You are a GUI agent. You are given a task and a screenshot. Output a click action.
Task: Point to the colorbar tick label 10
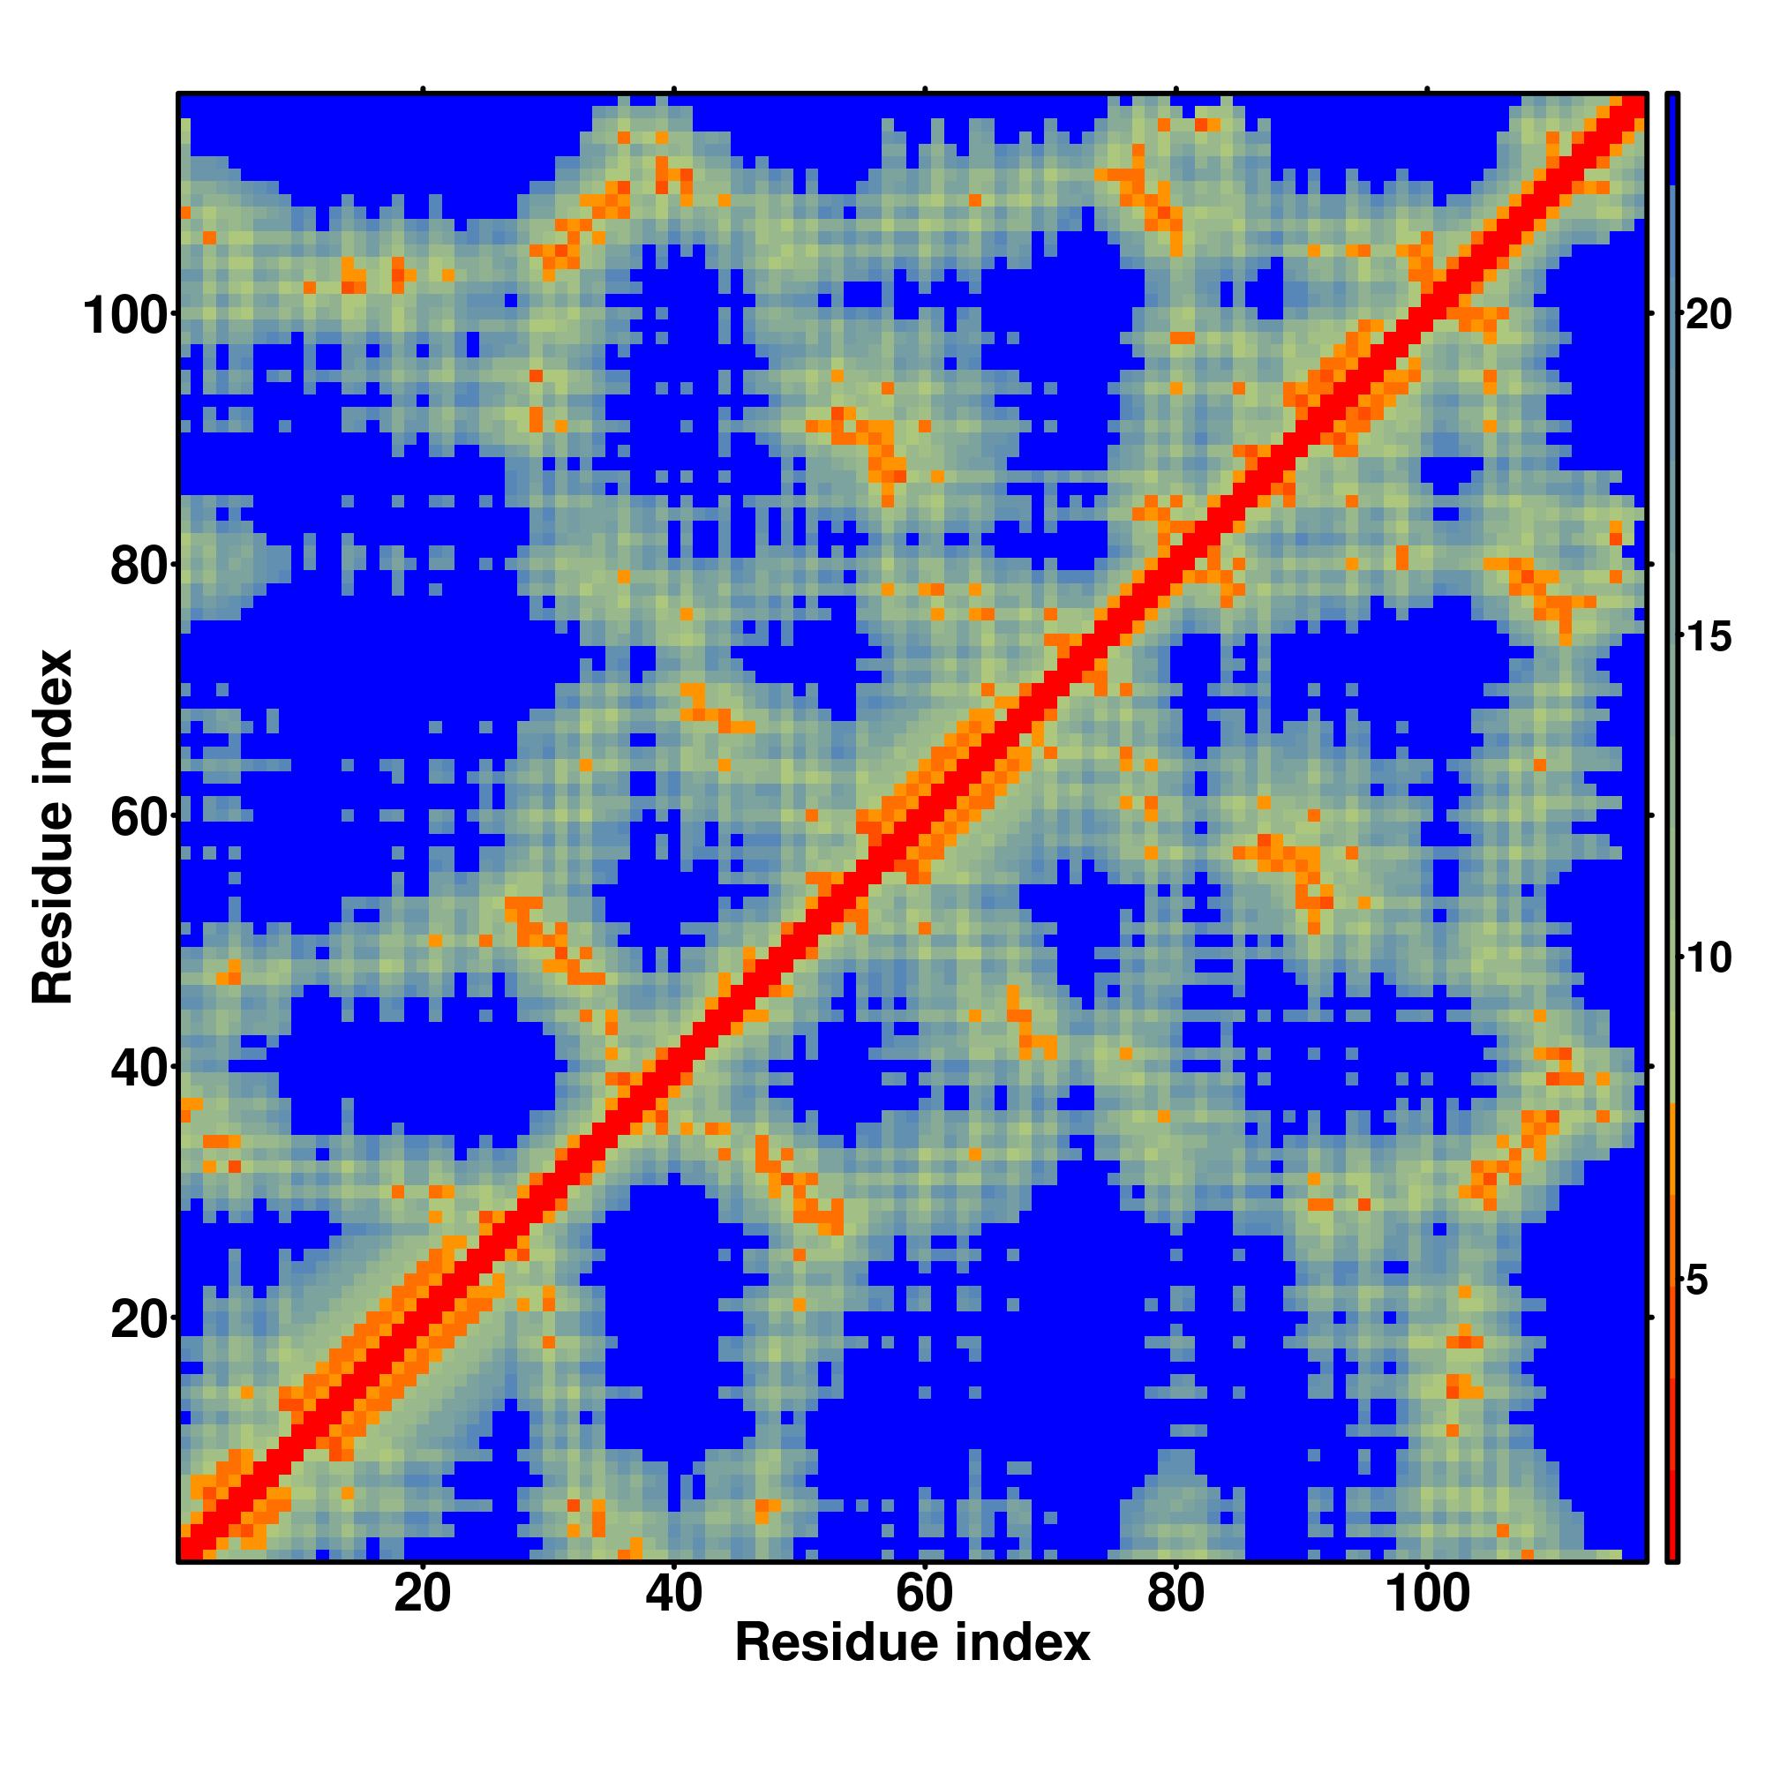[x=1707, y=959]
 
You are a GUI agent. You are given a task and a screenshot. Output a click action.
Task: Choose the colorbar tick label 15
[x=1707, y=638]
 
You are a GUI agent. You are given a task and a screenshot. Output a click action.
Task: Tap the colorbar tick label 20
[x=1707, y=316]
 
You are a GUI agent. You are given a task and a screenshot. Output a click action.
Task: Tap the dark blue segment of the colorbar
[x=1671, y=137]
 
